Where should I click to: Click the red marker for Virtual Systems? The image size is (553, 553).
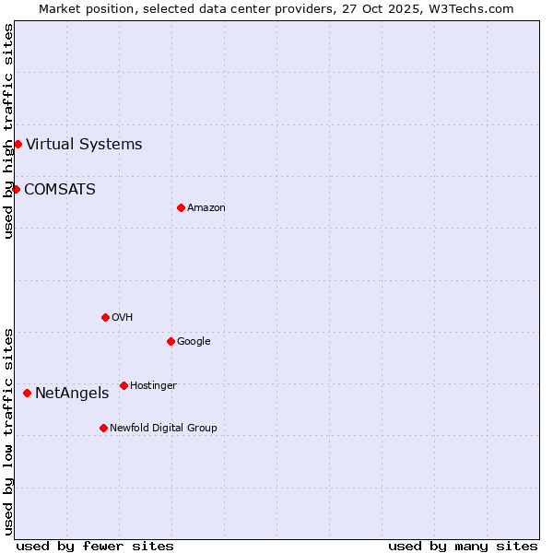(x=18, y=144)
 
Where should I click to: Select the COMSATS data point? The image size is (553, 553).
(x=16, y=189)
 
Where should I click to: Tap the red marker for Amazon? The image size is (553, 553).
(x=181, y=207)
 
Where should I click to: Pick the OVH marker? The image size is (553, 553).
(x=105, y=317)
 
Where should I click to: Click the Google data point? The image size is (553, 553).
(x=171, y=341)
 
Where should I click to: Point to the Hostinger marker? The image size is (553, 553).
(x=124, y=385)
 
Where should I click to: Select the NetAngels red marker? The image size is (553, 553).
(x=27, y=393)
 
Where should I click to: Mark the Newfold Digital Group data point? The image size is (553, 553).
(x=103, y=428)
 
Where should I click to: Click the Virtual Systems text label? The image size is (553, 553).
(x=84, y=144)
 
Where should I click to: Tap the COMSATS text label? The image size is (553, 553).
(x=60, y=189)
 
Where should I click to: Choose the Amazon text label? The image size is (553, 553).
(x=206, y=208)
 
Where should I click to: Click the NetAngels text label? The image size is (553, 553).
(x=72, y=394)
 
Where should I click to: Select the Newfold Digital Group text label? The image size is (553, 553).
(x=163, y=428)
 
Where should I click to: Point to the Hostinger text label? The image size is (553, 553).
(x=153, y=385)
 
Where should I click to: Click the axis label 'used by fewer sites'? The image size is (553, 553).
(x=95, y=546)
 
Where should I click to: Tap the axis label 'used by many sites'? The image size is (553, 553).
(x=463, y=546)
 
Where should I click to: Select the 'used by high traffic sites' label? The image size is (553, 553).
(x=8, y=131)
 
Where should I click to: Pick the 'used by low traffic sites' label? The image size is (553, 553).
(x=8, y=431)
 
